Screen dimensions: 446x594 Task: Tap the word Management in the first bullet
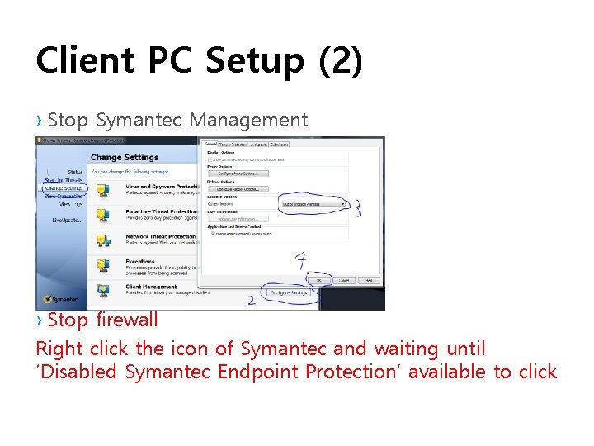248,120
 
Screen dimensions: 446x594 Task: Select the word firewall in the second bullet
127,320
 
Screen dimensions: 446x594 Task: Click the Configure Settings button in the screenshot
288,292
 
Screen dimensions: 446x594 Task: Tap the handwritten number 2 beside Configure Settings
251,301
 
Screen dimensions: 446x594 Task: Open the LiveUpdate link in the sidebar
67,221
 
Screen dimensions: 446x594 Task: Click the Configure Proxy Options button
238,173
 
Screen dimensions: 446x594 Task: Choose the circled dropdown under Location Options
313,203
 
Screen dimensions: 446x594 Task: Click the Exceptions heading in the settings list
139,261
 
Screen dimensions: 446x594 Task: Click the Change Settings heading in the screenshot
124,158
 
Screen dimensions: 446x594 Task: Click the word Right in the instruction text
56,349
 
